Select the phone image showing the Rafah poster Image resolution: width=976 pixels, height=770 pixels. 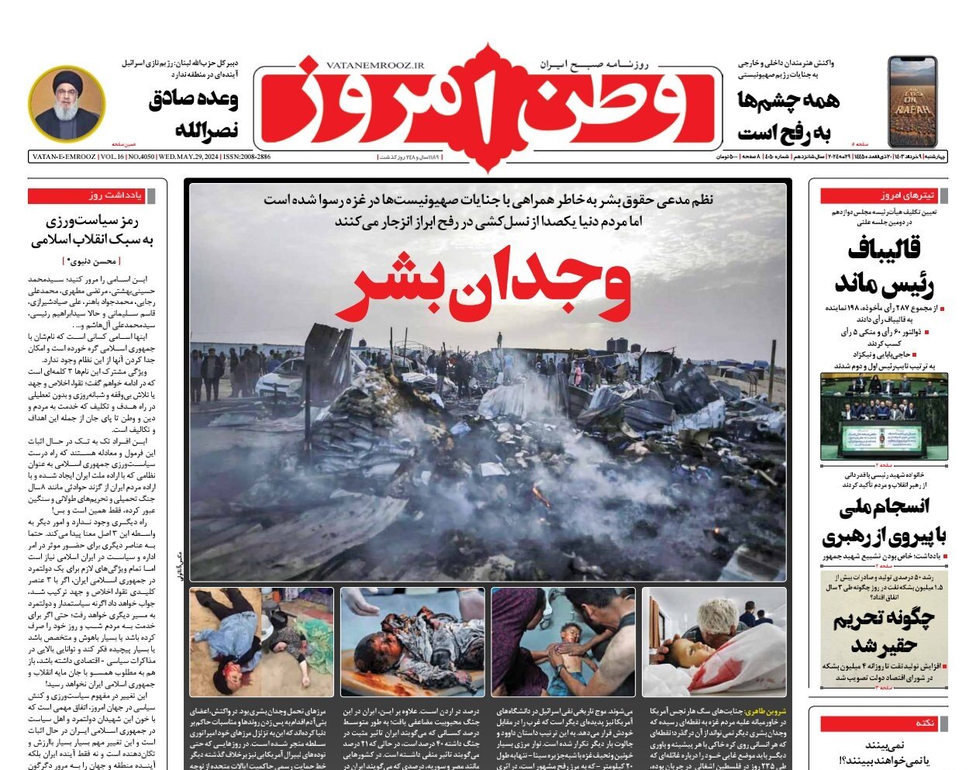point(912,102)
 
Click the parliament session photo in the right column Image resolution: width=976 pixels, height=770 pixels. point(884,416)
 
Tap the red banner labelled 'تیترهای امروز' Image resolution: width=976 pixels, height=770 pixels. point(883,196)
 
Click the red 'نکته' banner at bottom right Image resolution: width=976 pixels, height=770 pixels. point(883,723)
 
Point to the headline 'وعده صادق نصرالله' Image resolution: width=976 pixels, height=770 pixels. point(194,113)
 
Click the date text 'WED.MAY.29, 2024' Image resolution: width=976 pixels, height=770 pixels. point(187,157)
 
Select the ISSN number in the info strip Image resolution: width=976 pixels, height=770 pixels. point(247,157)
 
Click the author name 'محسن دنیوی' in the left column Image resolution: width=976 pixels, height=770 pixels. point(92,262)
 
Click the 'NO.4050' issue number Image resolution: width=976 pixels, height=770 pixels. point(140,157)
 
